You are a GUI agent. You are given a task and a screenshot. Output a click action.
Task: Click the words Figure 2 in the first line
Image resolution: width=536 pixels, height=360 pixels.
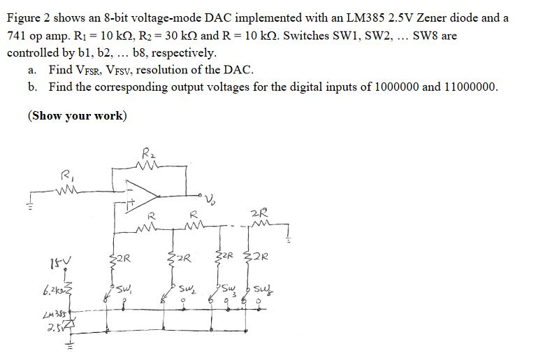[29, 17]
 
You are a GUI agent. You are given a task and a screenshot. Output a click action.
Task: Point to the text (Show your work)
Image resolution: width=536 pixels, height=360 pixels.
[77, 115]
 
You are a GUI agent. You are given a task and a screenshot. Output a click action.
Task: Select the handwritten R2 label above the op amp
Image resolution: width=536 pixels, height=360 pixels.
[149, 152]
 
